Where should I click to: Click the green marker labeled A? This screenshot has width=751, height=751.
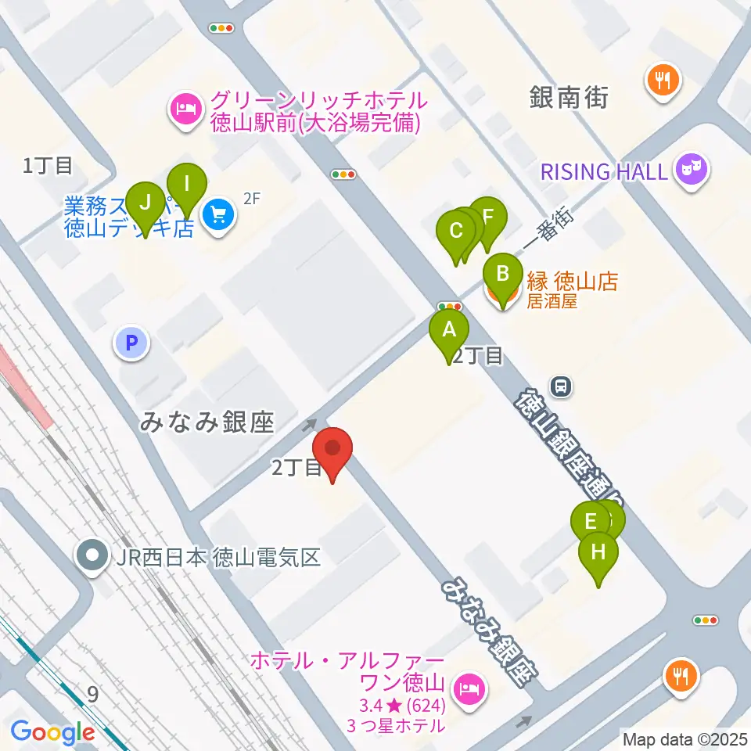[449, 329]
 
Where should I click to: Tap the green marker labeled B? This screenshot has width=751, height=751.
[503, 274]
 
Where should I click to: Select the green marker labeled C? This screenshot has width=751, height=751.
[456, 231]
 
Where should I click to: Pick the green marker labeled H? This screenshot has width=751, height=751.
[598, 552]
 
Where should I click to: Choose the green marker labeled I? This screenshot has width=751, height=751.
[187, 184]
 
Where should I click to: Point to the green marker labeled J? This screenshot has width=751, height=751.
[145, 202]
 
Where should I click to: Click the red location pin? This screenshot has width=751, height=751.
[332, 449]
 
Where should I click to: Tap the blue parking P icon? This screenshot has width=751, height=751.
[131, 342]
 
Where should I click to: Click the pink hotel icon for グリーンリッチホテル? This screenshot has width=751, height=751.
[185, 107]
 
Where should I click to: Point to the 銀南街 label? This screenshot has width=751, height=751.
[568, 98]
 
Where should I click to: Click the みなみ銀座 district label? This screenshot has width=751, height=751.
[207, 423]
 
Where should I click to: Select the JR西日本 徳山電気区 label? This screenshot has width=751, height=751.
[219, 558]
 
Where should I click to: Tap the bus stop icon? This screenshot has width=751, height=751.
[561, 385]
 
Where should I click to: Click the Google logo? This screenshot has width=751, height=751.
[52, 732]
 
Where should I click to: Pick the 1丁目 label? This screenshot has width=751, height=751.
[48, 165]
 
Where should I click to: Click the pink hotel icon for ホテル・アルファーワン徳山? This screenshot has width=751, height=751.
[469, 688]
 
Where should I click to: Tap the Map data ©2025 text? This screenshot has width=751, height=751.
[684, 738]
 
